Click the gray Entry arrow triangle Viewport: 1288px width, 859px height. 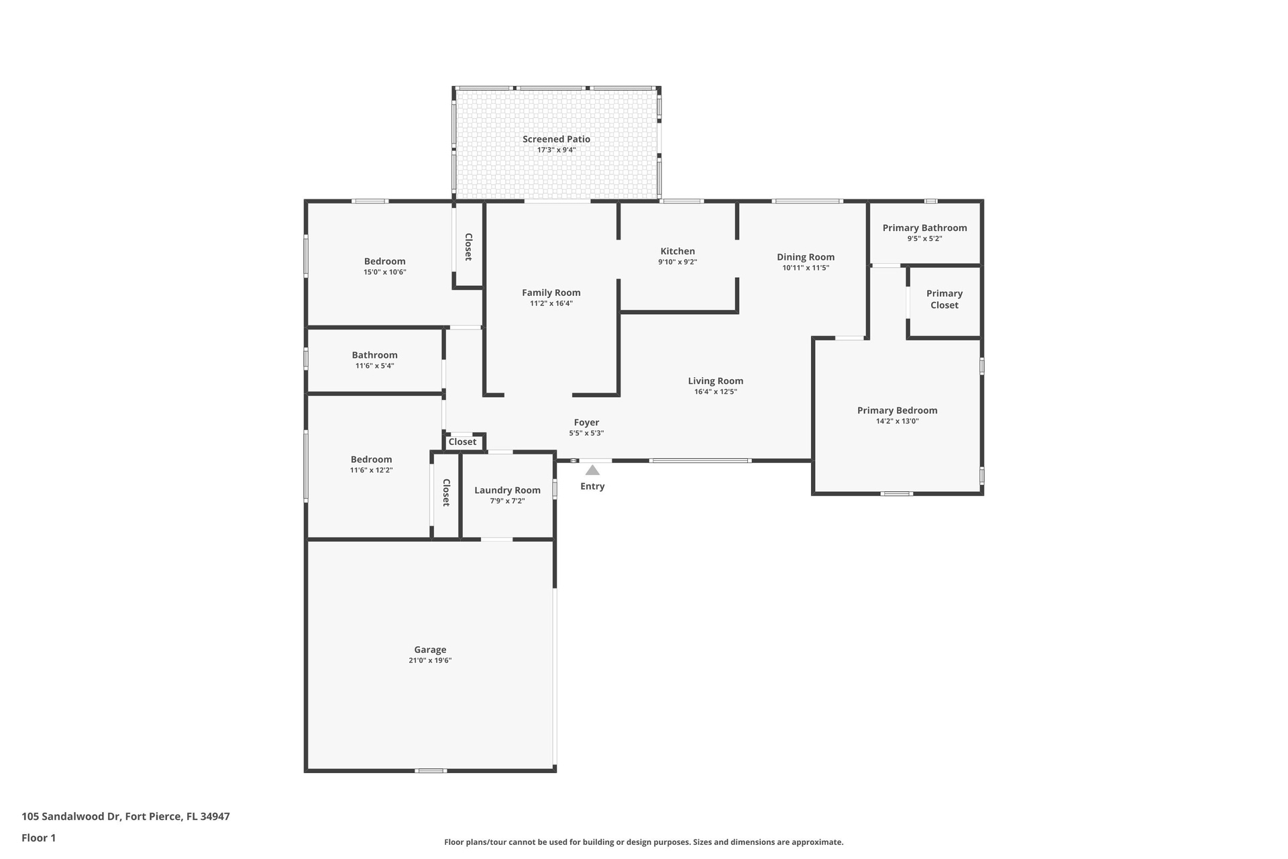tap(592, 470)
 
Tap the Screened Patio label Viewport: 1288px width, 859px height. tap(557, 139)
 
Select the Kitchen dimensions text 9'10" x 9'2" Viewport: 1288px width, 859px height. tap(678, 262)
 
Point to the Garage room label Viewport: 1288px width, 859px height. tap(430, 650)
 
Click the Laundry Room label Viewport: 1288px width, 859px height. tap(507, 491)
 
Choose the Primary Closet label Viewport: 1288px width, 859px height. tap(945, 299)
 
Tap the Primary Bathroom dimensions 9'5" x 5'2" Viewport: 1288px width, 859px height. tap(925, 239)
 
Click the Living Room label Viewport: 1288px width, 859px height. tap(716, 381)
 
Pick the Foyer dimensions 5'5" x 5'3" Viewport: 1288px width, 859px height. tap(586, 434)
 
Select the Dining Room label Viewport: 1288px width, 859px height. tap(806, 257)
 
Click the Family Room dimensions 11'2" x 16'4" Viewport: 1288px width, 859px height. tap(551, 303)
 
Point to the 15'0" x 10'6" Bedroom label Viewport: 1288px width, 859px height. tap(385, 262)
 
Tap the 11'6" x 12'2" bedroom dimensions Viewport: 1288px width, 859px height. tap(371, 470)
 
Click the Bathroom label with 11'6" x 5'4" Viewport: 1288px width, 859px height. tap(375, 355)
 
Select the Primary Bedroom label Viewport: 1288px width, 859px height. tap(898, 411)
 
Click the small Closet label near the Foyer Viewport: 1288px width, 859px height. tap(462, 442)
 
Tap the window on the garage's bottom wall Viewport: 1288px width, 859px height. tap(431, 770)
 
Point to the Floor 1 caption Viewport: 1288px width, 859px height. tap(39, 838)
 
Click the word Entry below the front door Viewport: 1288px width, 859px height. tap(592, 487)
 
